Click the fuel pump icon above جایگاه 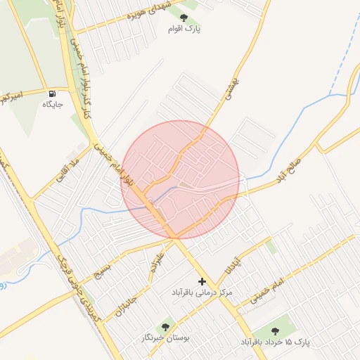tap(52, 94)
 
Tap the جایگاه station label tap(53, 105)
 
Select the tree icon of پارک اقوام tap(184, 18)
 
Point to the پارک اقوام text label tap(184, 29)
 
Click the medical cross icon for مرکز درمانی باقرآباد tap(202, 281)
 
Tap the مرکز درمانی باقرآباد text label tap(202, 291)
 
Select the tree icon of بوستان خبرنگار tap(166, 326)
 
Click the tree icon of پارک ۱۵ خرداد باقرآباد tap(275, 330)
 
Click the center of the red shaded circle tap(181, 179)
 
